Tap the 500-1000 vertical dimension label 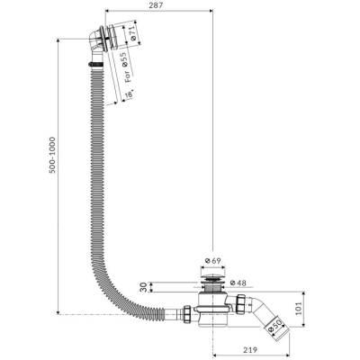53,155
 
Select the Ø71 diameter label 133,32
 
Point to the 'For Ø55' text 126,68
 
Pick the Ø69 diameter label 212,261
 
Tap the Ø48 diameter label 238,283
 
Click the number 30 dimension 144,287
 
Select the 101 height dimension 299,309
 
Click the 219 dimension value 250,350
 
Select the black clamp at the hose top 96,64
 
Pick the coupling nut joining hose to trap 187,314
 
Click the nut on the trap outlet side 240,304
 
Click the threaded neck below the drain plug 212,286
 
